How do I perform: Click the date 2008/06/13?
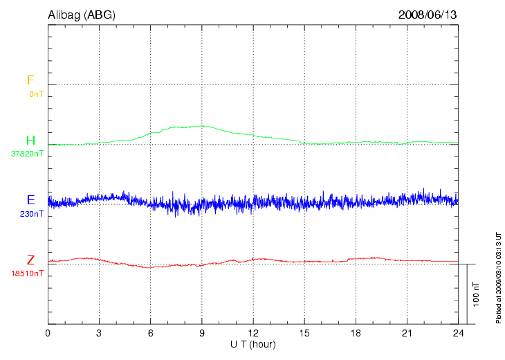428,14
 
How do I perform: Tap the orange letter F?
30,80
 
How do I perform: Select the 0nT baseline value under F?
35,93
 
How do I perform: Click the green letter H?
30,141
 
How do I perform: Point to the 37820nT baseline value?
27,154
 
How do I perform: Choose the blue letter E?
30,200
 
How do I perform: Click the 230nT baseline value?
32,213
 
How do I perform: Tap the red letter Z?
30,260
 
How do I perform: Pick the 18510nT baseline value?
27,273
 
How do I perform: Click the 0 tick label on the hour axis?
48,333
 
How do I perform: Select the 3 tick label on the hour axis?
99,333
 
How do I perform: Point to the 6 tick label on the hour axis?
150,333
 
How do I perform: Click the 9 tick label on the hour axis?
201,333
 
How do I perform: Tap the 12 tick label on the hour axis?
252,333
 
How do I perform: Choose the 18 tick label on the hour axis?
355,333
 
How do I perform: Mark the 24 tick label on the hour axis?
457,333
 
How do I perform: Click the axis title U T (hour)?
252,344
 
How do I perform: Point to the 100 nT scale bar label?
477,294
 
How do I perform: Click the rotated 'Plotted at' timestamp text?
497,277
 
